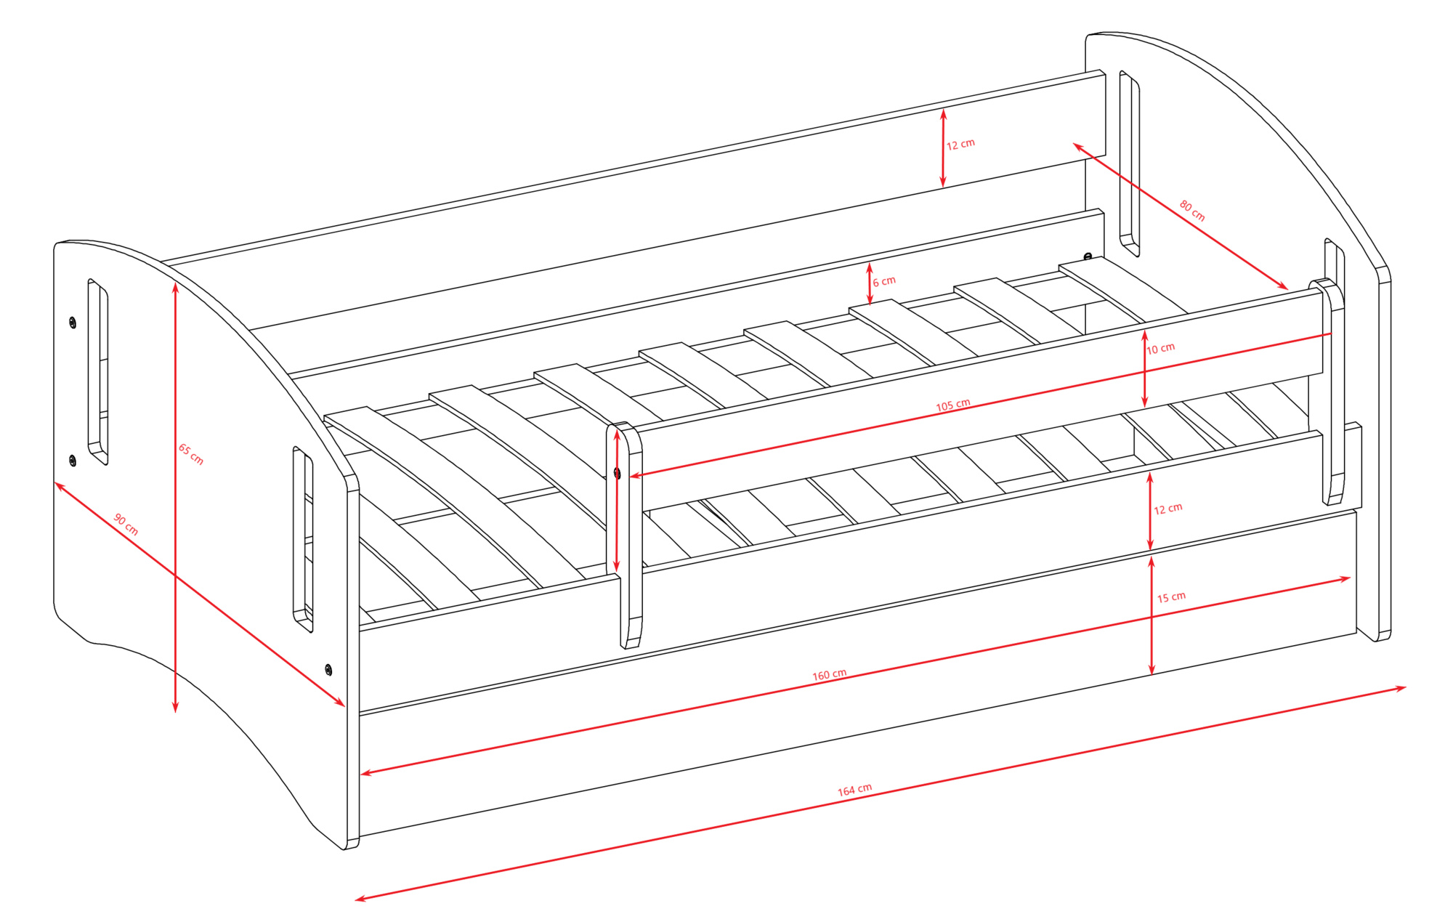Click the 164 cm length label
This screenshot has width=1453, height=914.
pos(854,790)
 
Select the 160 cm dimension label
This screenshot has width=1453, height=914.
pos(829,675)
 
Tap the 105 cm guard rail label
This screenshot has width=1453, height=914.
pos(952,405)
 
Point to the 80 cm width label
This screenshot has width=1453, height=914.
pos(1192,211)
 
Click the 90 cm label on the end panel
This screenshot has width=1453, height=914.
pos(126,524)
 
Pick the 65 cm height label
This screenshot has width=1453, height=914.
pos(191,454)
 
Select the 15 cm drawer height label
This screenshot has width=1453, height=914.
pos(1171,597)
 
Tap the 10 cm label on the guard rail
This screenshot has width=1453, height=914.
pos(1160,349)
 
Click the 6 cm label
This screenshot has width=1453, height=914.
pos(884,281)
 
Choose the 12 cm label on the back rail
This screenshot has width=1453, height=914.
pos(960,145)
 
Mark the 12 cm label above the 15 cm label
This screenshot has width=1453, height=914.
pos(1167,509)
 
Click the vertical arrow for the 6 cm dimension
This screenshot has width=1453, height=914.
pos(870,284)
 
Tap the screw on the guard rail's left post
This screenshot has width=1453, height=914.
pos(618,474)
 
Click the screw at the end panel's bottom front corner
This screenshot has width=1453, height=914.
pos(328,669)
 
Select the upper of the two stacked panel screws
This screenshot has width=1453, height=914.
pos(73,323)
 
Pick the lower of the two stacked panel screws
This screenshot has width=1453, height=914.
pos(73,461)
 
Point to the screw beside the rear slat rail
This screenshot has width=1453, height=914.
pos(1088,256)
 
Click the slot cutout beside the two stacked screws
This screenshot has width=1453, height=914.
pos(98,371)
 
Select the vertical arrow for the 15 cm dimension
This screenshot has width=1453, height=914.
pos(1152,615)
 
